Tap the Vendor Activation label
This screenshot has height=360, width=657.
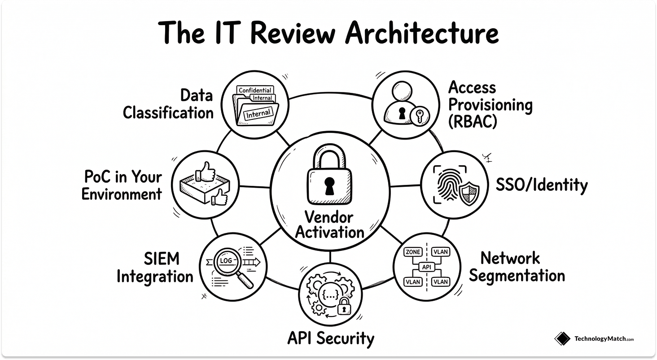click(329, 225)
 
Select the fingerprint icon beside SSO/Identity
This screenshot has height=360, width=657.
click(447, 185)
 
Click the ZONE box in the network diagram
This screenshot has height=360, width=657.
click(412, 252)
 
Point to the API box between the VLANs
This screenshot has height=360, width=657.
click(426, 267)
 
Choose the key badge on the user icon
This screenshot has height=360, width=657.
click(420, 115)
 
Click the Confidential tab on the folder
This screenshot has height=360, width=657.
click(255, 90)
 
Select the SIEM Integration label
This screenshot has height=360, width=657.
click(155, 268)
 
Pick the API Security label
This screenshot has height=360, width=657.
click(330, 338)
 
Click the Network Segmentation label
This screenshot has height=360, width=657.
click(517, 267)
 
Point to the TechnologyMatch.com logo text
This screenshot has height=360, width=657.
click(604, 339)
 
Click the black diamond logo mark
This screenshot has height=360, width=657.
click(562, 339)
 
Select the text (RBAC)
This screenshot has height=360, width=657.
click(473, 122)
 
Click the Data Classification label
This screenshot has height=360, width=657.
click(169, 104)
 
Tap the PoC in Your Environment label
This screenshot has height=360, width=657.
click(122, 185)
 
